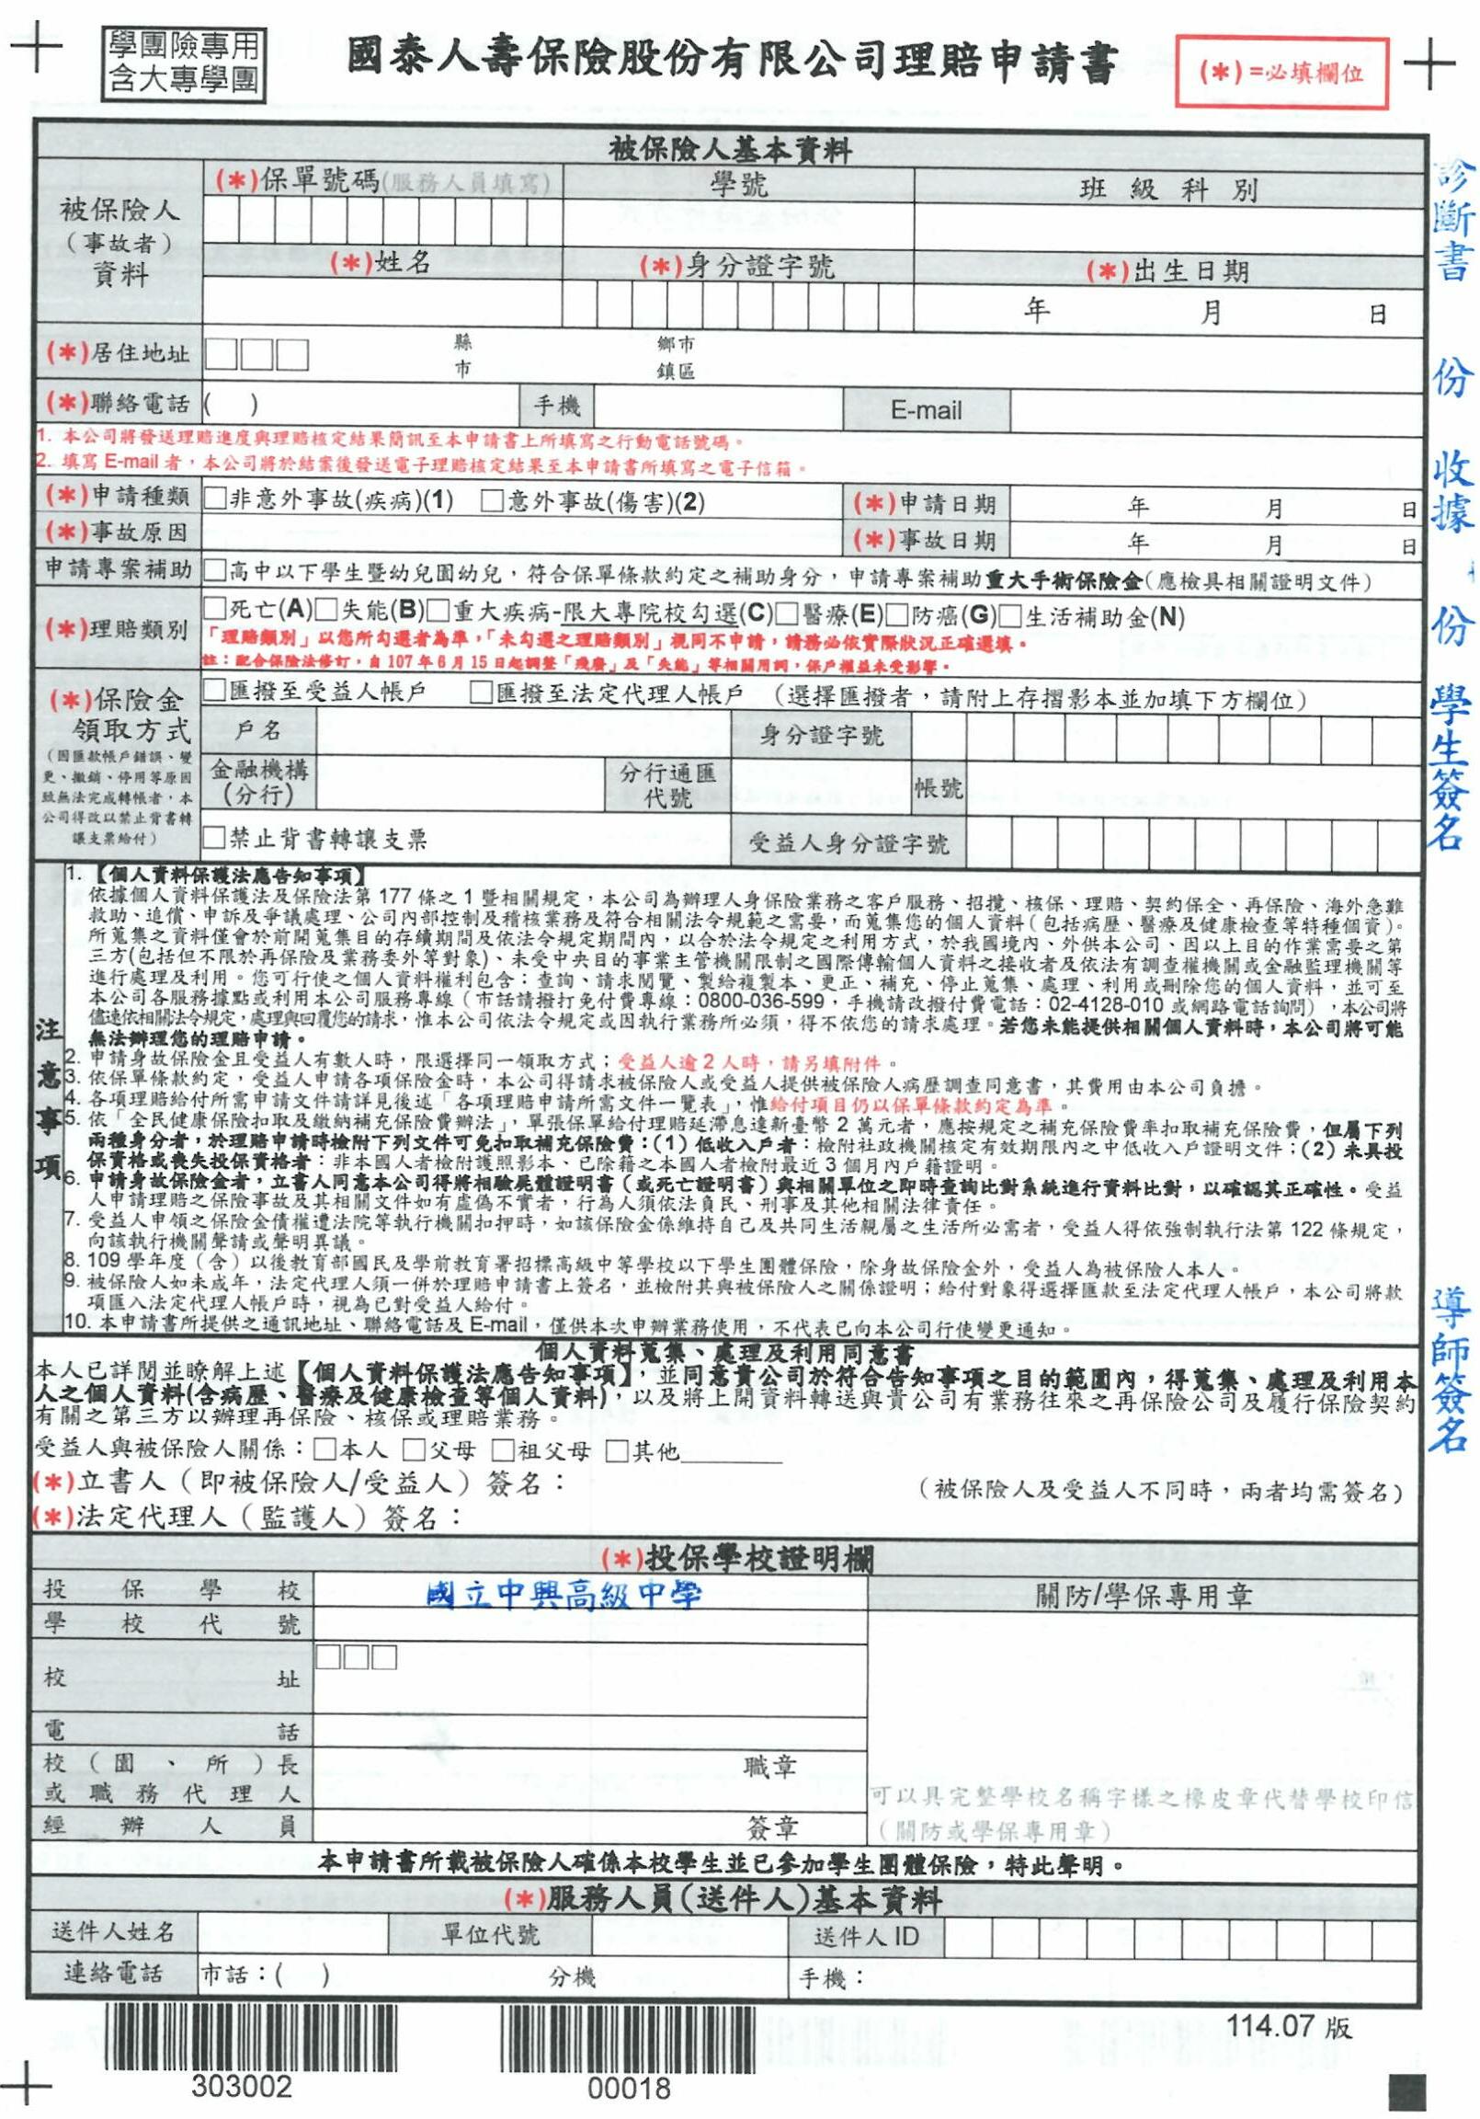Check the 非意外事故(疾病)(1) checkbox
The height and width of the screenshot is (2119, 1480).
coord(215,499)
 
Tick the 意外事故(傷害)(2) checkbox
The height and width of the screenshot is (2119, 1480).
coord(492,500)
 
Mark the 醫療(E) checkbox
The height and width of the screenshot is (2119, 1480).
coord(787,613)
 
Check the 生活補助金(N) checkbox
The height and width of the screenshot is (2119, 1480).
coord(1009,614)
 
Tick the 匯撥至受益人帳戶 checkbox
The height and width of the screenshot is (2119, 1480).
coord(214,691)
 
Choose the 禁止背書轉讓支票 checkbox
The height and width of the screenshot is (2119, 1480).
coord(214,837)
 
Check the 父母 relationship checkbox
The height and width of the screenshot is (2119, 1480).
coord(414,1449)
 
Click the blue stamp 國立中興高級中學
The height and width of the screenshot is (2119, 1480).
coord(563,1595)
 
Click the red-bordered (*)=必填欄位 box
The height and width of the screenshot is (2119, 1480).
coord(1281,72)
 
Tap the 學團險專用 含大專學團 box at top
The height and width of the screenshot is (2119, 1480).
coord(184,63)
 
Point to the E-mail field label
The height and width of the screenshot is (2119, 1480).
coord(926,411)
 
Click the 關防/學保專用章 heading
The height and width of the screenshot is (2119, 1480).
coord(1143,1596)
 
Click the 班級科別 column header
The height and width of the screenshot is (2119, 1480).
coord(1167,190)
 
